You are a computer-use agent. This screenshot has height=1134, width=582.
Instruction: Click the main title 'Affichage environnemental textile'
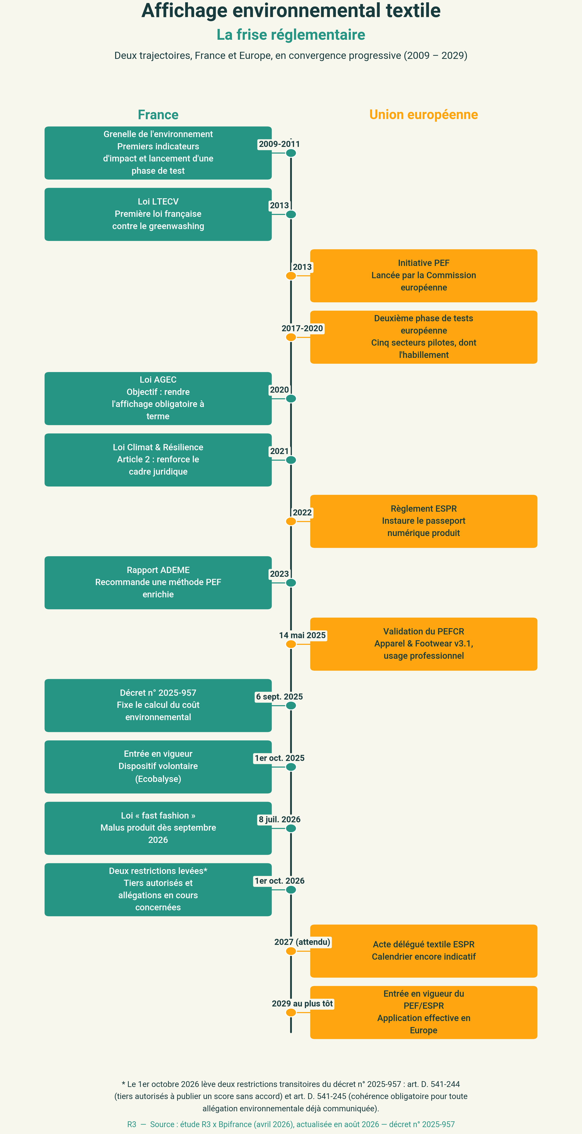pyautogui.click(x=291, y=11)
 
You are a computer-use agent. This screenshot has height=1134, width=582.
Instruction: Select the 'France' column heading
pyautogui.click(x=158, y=114)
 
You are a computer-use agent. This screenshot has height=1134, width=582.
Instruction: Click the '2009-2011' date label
pyautogui.click(x=279, y=144)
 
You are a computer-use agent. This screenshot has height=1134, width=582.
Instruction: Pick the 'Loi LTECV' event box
pyautogui.click(x=158, y=214)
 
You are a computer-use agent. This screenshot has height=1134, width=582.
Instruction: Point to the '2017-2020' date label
pyautogui.click(x=302, y=328)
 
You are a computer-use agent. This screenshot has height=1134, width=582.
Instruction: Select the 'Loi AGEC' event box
pyautogui.click(x=158, y=398)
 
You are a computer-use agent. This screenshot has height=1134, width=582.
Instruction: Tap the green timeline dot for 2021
pyautogui.click(x=291, y=460)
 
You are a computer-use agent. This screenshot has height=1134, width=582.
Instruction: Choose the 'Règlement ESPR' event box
pyautogui.click(x=424, y=521)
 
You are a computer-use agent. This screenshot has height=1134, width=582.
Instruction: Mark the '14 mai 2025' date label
pyautogui.click(x=302, y=635)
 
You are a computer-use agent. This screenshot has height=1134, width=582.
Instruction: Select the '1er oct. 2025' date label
pyautogui.click(x=279, y=758)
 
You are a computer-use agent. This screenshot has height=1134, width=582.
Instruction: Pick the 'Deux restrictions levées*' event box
pyautogui.click(x=158, y=890)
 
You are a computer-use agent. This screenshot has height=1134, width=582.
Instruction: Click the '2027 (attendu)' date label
pyautogui.click(x=302, y=942)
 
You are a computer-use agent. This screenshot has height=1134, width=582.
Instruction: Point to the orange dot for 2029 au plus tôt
pyautogui.click(x=291, y=1012)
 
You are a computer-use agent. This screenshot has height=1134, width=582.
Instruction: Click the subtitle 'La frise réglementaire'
pyautogui.click(x=291, y=35)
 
